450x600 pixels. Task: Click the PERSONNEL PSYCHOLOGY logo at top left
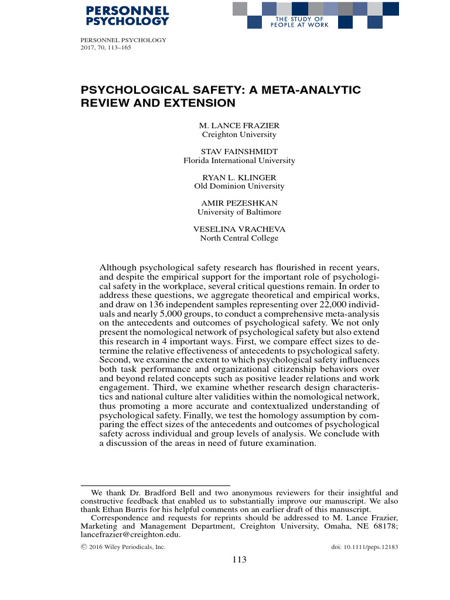[127, 16]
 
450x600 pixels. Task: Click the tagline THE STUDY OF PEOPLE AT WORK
[298, 22]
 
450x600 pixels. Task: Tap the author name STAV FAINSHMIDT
[239, 152]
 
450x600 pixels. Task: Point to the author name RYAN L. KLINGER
[239, 178]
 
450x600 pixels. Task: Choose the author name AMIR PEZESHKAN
[239, 203]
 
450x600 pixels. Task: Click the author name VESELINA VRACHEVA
[239, 229]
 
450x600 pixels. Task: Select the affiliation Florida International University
[239, 161]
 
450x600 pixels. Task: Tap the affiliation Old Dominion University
[239, 186]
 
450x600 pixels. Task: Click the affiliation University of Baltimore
[239, 212]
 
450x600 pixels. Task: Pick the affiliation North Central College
[239, 238]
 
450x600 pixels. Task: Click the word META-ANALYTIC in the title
[315, 90]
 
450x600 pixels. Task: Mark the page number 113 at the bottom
[239, 560]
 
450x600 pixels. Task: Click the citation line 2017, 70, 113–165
[105, 47]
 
